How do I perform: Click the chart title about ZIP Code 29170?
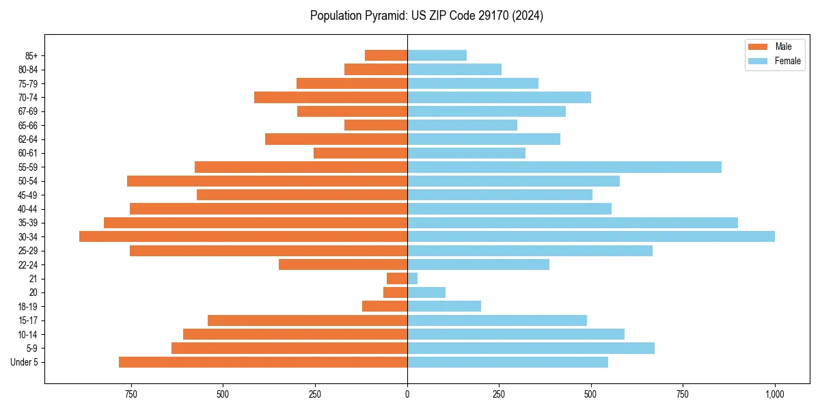(426, 16)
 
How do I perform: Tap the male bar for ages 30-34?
(243, 236)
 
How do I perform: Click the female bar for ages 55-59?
(564, 167)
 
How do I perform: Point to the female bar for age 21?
(412, 279)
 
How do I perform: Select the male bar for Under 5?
(263, 362)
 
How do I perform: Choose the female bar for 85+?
(437, 55)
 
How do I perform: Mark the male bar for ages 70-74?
(331, 97)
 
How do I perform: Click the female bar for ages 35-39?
(573, 223)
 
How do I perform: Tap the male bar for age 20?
(396, 292)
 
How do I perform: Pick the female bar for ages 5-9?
(531, 348)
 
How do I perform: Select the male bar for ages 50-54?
(267, 181)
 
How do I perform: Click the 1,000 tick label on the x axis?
(774, 394)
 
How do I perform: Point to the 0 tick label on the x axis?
(407, 394)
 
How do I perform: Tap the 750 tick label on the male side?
(131, 394)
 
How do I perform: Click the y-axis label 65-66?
(28, 125)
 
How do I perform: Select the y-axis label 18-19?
(28, 307)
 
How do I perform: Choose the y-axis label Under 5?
(25, 362)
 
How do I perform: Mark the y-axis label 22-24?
(28, 264)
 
